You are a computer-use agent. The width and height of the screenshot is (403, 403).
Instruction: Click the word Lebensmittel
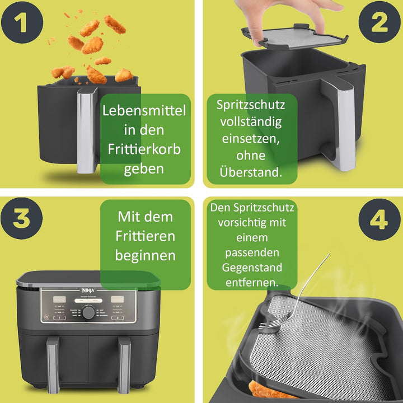click(144, 110)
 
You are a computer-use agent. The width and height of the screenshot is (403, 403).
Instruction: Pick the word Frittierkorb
click(144, 149)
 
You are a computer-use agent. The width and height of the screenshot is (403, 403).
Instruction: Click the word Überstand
click(251, 172)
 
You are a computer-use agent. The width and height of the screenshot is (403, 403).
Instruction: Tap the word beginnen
click(145, 255)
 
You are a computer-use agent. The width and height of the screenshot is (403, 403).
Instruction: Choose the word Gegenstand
click(251, 268)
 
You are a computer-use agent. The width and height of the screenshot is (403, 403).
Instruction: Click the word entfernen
click(251, 283)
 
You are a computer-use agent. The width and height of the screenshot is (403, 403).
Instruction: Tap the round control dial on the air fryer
click(88, 312)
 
